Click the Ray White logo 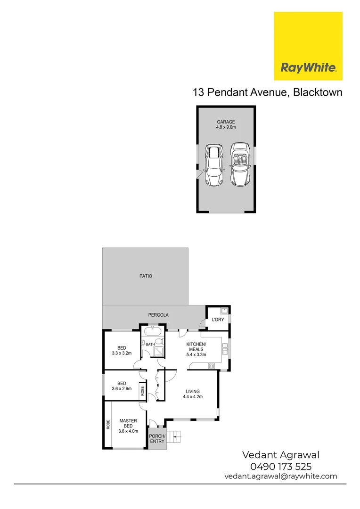[x=308, y=46]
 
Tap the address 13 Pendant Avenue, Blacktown [x=267, y=92]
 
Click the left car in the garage [x=214, y=165]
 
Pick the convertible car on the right [x=240, y=164]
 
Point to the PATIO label [x=146, y=276]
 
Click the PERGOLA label [x=159, y=315]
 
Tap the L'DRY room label [x=218, y=320]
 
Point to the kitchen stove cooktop [x=212, y=365]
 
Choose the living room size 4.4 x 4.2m [x=193, y=397]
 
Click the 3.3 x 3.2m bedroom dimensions [x=122, y=353]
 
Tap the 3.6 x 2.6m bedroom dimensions [x=122, y=389]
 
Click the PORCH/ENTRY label [x=157, y=438]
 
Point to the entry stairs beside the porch [x=176, y=438]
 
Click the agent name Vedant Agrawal [x=281, y=455]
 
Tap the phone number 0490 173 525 [x=281, y=466]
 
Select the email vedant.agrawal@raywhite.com [x=281, y=476]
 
